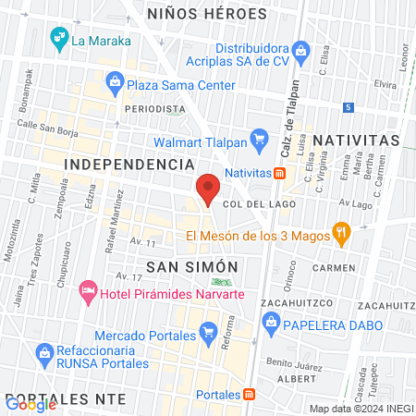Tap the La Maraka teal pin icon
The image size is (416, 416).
click(x=58, y=39)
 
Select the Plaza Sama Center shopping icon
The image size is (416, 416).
click(x=115, y=84)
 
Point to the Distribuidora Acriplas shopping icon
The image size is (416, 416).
click(x=300, y=50)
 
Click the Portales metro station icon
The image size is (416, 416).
click(x=249, y=394)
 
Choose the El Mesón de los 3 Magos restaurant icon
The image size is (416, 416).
click(x=341, y=234)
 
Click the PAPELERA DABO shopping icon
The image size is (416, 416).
click(x=271, y=323)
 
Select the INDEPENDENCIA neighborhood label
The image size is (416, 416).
click(x=128, y=163)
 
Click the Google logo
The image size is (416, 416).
click(x=31, y=403)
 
